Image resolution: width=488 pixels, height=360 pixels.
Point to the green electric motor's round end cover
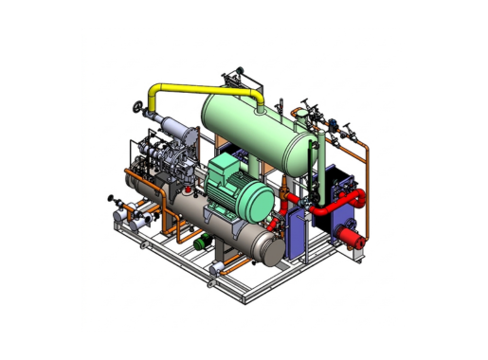pos(253,202)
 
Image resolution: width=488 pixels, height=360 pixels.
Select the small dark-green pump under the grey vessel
pos(201,244)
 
